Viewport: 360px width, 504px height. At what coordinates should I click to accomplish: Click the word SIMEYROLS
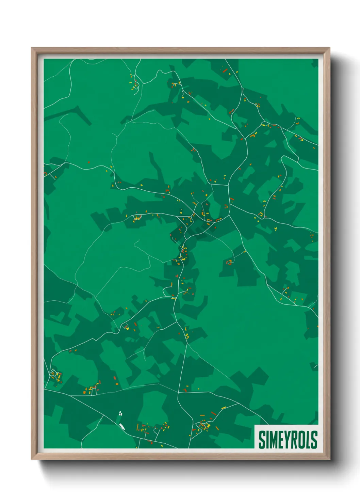click(288, 440)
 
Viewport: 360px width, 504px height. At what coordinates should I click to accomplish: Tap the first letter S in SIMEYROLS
click(262, 440)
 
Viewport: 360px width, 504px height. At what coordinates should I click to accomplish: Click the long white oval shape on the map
click(122, 427)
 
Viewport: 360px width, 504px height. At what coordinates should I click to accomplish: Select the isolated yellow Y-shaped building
click(275, 229)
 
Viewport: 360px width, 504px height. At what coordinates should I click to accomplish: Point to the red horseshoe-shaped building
click(229, 262)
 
